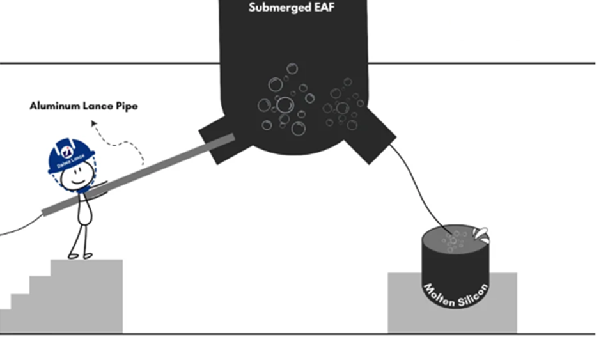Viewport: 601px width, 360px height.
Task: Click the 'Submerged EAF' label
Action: coord(292,8)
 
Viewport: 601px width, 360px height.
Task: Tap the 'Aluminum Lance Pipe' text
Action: coord(83,106)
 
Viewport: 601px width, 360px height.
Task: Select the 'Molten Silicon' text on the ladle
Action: coord(456,295)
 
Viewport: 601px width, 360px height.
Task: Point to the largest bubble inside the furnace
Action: coord(285,104)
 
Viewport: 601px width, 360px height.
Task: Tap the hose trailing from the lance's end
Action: coord(19,227)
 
